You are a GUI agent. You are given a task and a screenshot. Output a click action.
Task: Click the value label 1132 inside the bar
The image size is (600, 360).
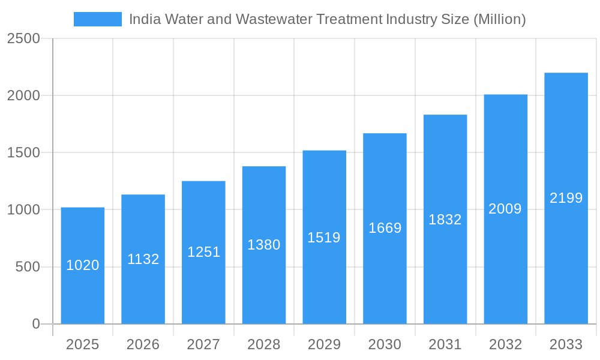[143, 259]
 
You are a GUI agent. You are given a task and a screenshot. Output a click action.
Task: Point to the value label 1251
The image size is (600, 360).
[204, 252]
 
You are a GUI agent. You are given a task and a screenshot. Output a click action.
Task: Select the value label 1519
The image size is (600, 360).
[324, 238]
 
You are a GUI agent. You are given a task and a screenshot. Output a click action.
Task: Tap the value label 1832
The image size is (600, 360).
[445, 220]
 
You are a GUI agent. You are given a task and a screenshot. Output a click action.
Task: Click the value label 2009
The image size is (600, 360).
[505, 209]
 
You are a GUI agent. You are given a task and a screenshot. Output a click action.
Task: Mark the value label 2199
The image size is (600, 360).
[566, 198]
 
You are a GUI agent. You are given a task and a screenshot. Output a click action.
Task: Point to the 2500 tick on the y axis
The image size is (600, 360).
[23, 39]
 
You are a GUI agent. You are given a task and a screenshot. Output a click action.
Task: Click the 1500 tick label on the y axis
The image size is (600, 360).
[23, 153]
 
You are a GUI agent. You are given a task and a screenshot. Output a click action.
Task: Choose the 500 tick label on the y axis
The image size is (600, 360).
[28, 267]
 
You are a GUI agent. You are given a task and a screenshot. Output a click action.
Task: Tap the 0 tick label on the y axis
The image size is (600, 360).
[35, 324]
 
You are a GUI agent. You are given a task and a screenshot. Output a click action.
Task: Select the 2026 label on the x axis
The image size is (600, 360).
[143, 344]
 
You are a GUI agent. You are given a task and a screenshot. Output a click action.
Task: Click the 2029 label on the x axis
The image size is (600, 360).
[324, 344]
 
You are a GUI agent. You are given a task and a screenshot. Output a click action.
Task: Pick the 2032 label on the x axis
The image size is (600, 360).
[505, 344]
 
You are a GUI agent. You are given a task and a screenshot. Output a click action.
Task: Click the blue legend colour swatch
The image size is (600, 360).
[98, 19]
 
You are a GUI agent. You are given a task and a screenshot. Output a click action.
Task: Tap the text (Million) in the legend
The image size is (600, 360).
[499, 19]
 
